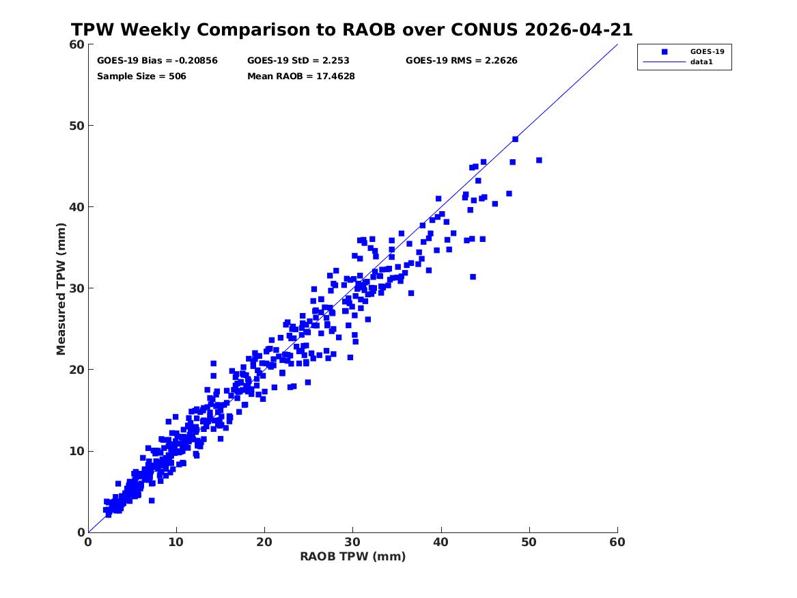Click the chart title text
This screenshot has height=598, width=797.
point(352,30)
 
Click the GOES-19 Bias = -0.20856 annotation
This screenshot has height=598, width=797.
point(157,61)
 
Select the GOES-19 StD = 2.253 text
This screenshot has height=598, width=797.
point(298,61)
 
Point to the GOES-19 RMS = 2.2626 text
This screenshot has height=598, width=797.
point(462,61)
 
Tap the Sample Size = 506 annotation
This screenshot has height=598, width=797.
point(141,77)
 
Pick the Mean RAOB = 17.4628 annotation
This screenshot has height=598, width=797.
point(301,77)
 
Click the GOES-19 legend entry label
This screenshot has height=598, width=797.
point(707,51)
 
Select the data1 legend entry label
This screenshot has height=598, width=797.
point(701,62)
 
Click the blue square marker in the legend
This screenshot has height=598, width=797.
point(665,51)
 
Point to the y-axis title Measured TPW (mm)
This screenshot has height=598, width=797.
point(61,289)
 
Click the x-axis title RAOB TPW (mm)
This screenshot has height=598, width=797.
point(353,556)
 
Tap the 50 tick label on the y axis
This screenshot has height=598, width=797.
point(76,126)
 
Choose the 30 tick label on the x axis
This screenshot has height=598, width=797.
point(353,542)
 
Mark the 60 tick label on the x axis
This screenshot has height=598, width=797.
point(617,542)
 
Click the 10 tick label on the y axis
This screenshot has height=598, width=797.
point(76,451)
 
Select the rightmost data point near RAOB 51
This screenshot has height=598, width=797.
point(540,160)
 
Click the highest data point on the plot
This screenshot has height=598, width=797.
point(516,139)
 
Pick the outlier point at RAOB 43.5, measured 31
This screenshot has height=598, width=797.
point(473,277)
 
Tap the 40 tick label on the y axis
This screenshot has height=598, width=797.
point(76,207)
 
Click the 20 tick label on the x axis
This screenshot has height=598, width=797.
point(264,542)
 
